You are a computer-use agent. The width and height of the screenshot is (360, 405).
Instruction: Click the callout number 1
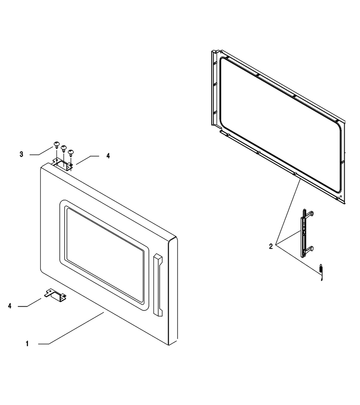tap(27, 344)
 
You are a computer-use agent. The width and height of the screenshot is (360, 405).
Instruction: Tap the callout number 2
tap(271, 247)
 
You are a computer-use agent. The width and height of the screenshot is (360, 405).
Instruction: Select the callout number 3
tap(21, 154)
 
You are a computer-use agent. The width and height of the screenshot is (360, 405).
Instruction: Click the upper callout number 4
tap(108, 156)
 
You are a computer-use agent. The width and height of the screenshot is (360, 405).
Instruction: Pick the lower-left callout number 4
tap(10, 306)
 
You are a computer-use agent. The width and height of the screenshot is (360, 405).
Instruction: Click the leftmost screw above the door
tap(57, 144)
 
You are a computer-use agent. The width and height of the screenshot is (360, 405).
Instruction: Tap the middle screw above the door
tap(63, 148)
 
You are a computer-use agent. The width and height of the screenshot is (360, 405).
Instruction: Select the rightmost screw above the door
tap(71, 152)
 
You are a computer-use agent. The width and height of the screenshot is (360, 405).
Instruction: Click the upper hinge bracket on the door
tap(63, 165)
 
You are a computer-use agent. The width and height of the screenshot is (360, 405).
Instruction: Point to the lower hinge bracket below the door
tap(56, 295)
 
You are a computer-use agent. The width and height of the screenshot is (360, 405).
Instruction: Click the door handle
tap(158, 285)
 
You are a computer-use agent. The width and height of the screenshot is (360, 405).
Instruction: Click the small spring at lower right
tap(321, 272)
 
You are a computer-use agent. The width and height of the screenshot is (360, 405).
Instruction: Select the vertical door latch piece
tap(304, 233)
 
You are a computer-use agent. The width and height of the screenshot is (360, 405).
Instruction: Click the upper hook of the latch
tap(310, 214)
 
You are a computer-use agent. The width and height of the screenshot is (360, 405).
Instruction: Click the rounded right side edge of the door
tap(173, 291)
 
